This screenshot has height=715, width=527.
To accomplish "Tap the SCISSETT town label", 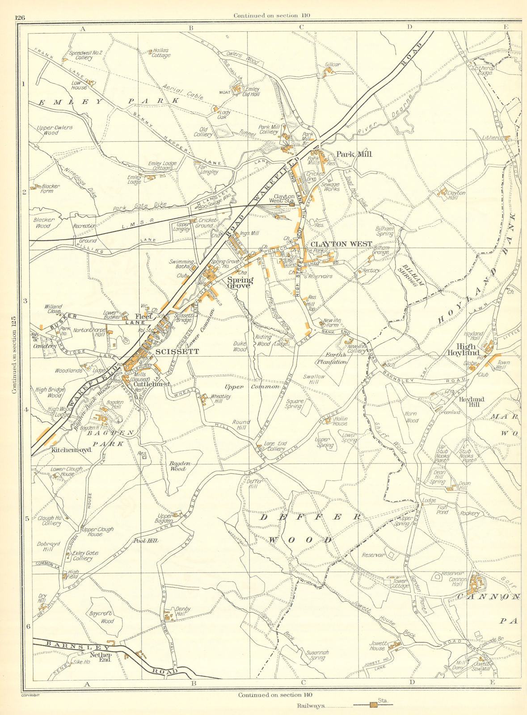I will (177, 352).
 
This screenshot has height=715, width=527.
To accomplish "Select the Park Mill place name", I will (354, 154).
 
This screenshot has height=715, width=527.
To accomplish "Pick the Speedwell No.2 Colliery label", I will (85, 55).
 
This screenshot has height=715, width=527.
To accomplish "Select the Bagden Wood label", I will (180, 467).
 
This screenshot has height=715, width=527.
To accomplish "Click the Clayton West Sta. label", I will (284, 198).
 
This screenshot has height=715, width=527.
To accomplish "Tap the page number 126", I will (20, 17).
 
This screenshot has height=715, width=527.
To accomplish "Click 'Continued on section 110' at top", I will (272, 15).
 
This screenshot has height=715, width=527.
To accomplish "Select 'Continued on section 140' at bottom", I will (275, 695).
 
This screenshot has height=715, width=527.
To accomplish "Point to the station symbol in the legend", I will (372, 705).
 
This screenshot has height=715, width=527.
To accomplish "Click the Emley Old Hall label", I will (252, 92).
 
